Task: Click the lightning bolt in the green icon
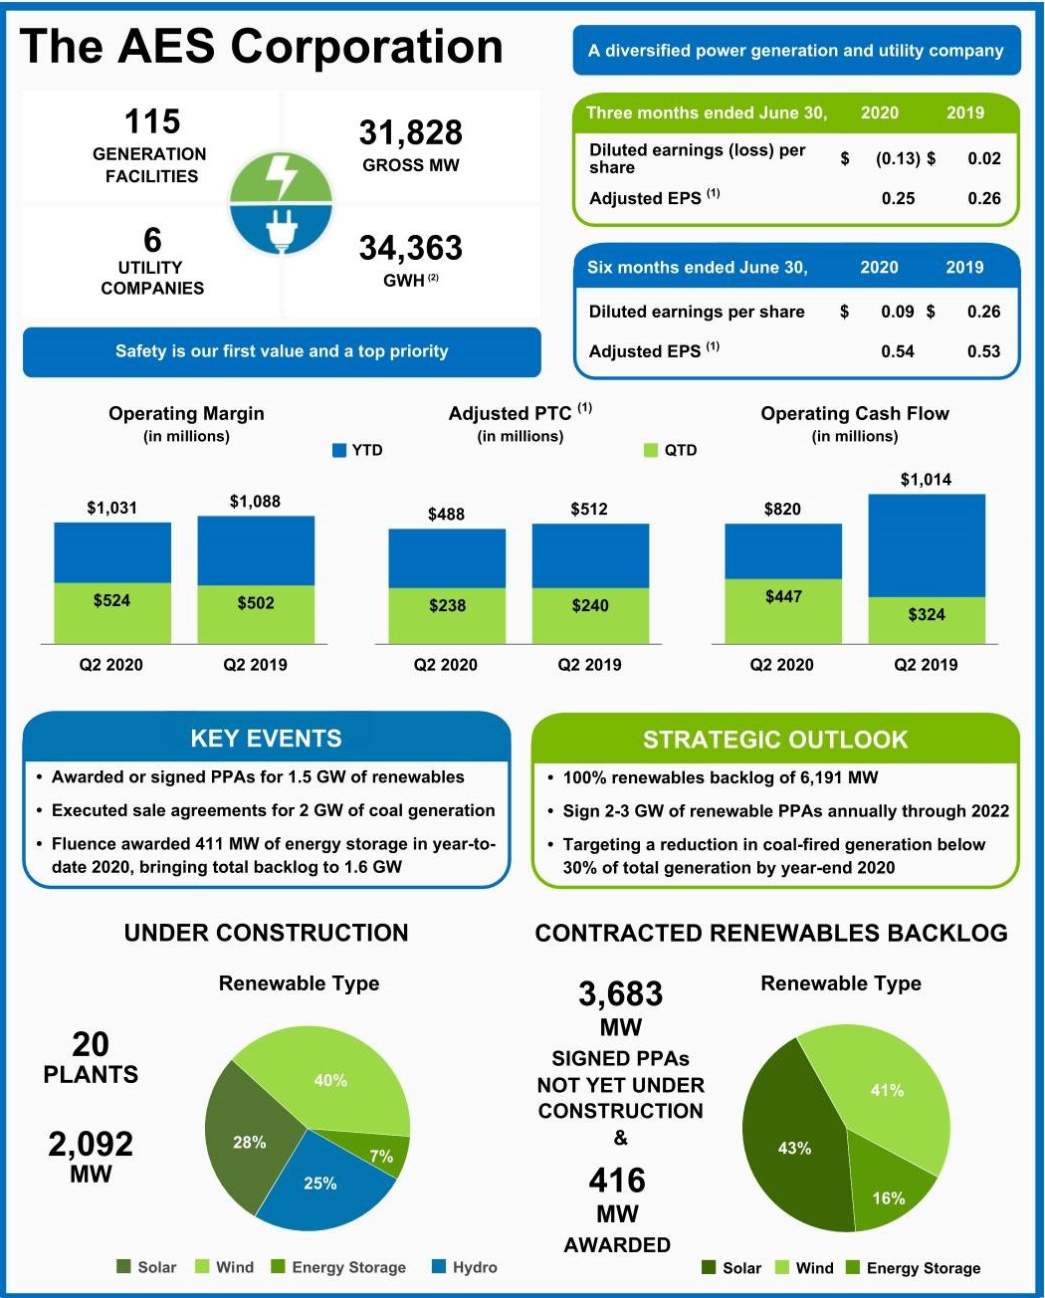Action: (x=283, y=176)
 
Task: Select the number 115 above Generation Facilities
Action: (x=151, y=121)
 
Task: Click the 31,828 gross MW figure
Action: (x=410, y=132)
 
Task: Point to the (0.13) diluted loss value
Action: (x=897, y=158)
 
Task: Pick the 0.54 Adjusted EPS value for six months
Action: (x=897, y=351)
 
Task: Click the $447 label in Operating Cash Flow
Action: (x=783, y=596)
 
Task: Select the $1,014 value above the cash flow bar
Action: (x=926, y=480)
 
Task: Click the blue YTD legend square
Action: (x=339, y=451)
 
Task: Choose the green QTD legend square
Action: (x=652, y=451)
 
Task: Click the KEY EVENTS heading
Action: (x=266, y=739)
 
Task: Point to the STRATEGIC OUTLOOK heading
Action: (x=775, y=740)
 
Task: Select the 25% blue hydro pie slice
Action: (x=320, y=1184)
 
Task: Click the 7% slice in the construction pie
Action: (x=381, y=1156)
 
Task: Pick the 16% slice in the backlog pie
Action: (x=888, y=1197)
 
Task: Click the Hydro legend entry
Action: (x=465, y=1267)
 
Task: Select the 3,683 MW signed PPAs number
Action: (x=620, y=993)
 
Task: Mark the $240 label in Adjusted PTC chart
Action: (x=590, y=605)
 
